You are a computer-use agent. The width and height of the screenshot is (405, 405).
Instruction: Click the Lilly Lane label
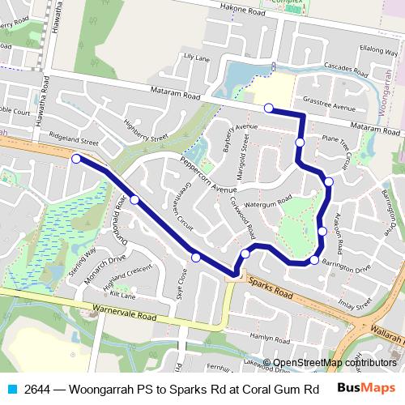pos(197,58)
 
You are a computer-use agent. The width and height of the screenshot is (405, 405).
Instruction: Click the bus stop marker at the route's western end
pos(76,159)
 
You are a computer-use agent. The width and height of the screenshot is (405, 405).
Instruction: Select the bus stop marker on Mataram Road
pos(268,108)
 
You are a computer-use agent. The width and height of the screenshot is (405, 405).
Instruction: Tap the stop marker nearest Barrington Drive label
pos(314,260)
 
